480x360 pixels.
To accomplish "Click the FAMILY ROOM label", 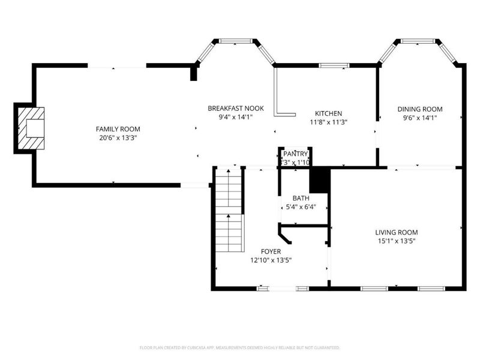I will [x=118, y=129].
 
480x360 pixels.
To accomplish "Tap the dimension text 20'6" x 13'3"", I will [x=118, y=138].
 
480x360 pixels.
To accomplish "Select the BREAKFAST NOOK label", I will [x=236, y=108].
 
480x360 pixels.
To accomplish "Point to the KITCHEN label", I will [x=328, y=113].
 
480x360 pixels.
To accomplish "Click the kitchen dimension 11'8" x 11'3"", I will [x=328, y=122].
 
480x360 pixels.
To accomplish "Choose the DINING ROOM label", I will [x=420, y=109].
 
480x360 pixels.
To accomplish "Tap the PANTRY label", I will [x=296, y=154].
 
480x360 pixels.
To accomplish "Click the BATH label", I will [x=301, y=199].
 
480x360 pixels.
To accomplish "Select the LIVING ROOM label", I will [x=396, y=232].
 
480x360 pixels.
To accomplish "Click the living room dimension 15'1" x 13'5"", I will [x=396, y=241].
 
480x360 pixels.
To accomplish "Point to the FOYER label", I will [x=271, y=251].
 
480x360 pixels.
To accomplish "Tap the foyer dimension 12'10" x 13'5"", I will [x=271, y=260].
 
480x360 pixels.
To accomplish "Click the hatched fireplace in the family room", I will [x=31, y=128].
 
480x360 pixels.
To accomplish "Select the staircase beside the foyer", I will [x=230, y=210].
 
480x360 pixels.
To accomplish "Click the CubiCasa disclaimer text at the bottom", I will [x=240, y=347].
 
